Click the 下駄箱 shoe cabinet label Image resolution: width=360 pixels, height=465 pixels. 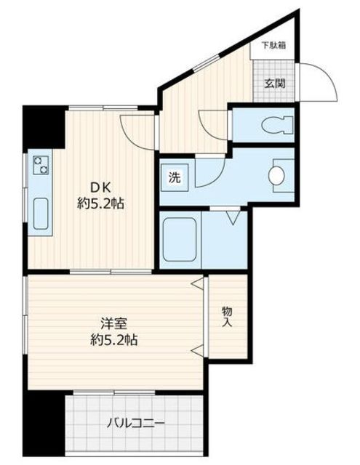273,46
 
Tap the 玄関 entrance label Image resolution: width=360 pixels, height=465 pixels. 274,84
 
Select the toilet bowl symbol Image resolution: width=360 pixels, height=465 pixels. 277,125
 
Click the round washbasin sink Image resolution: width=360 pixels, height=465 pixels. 276,176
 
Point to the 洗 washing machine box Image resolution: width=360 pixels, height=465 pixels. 175,177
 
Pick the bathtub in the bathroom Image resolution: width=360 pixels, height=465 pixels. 180,239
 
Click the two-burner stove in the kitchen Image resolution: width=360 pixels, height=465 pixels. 41,165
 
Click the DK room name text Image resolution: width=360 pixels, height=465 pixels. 100,187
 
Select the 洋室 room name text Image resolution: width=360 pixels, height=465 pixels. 113,323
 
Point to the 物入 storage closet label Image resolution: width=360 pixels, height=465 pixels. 227,317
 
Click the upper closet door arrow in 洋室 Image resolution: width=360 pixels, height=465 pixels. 198,283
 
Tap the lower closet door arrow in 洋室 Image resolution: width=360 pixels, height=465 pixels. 198,351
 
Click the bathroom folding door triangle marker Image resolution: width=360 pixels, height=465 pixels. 233,217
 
